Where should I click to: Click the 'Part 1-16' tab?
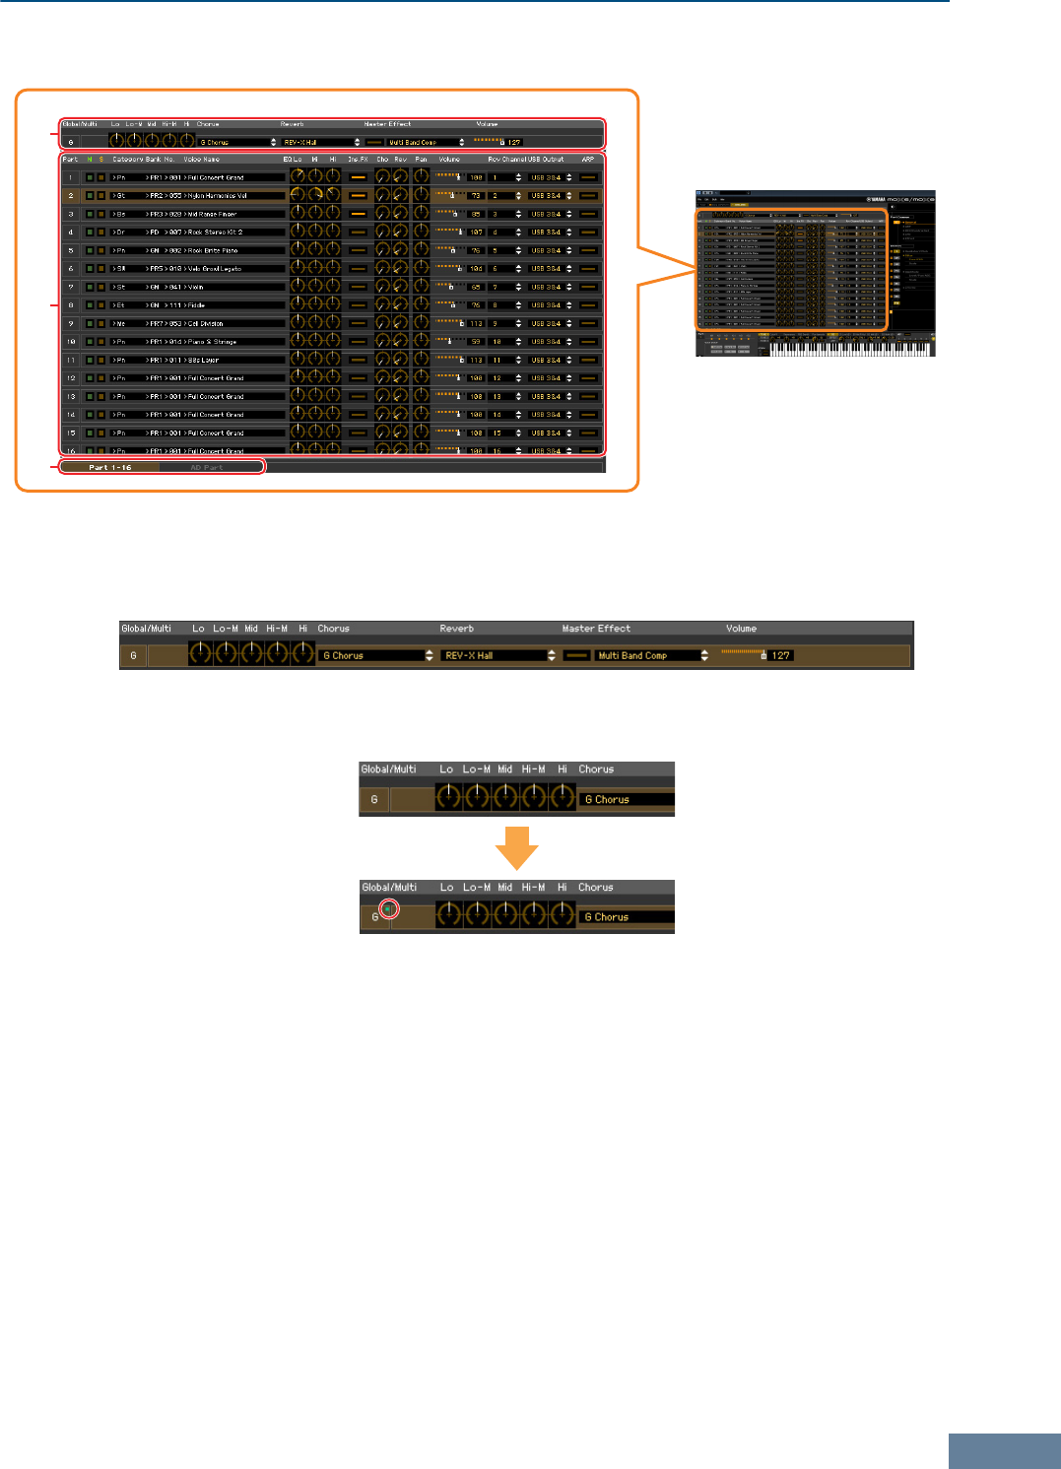110,467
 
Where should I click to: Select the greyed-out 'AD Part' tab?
207,467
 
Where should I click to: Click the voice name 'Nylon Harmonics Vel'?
217,196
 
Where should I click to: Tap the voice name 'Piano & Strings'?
212,342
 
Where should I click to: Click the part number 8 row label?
71,305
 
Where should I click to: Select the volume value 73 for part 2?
476,196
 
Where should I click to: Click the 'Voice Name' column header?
201,159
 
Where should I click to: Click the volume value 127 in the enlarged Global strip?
781,655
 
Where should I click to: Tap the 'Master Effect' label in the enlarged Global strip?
596,629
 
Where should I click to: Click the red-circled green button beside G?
388,909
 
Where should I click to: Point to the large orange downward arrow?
517,847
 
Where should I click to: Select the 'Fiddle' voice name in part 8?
197,305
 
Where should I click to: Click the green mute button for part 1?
90,178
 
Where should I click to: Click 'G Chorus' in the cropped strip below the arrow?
607,917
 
